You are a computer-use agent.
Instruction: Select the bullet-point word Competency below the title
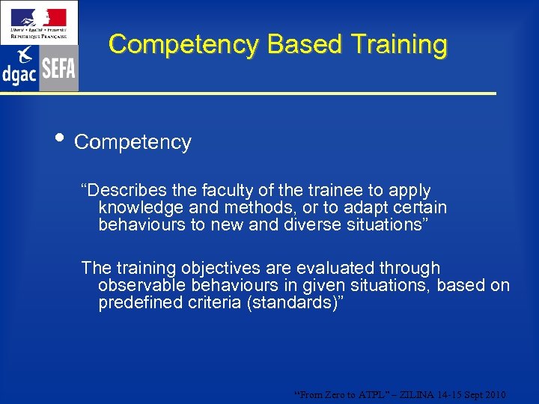133,142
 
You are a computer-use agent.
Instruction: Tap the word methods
249,207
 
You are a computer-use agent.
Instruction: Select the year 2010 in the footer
496,394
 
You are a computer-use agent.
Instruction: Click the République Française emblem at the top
38,22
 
